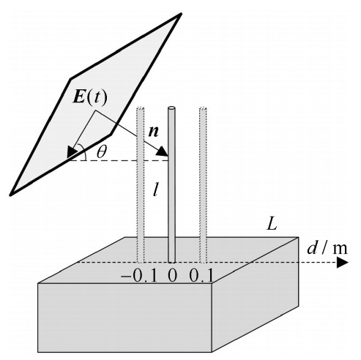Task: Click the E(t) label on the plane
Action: (x=90, y=98)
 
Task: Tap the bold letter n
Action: (x=154, y=132)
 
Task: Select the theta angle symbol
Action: (x=102, y=152)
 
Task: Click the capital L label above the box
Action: (x=272, y=224)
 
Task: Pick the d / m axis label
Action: (x=327, y=249)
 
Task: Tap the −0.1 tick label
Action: (x=138, y=276)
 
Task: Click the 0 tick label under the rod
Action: (x=172, y=276)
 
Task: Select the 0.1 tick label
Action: (x=201, y=276)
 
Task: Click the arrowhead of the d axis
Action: (x=342, y=263)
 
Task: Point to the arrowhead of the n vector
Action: (x=162, y=151)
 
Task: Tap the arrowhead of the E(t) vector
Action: (x=72, y=151)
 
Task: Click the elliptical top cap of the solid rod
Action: (x=171, y=108)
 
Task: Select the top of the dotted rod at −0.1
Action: (x=141, y=108)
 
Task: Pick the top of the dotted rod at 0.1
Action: (x=204, y=108)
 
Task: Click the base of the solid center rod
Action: (x=172, y=261)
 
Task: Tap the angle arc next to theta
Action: (x=83, y=152)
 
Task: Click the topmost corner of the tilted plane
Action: (x=181, y=14)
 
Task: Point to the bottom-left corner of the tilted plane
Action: (x=10, y=195)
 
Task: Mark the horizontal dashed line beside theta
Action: (x=119, y=160)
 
